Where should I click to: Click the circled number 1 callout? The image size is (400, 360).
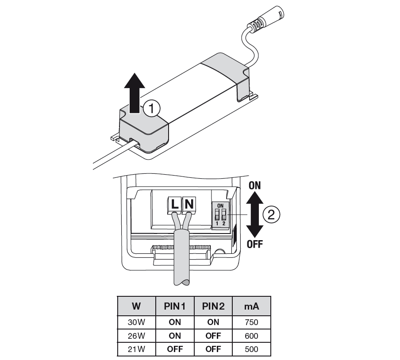click(151, 109)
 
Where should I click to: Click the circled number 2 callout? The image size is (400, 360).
click(271, 214)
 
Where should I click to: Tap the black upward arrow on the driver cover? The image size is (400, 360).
click(135, 93)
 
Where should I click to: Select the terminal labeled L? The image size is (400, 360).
click(175, 205)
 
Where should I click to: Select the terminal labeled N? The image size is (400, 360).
click(189, 205)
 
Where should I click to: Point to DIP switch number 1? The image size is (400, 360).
click(217, 214)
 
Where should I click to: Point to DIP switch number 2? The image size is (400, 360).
click(224, 214)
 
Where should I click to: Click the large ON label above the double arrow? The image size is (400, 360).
click(254, 185)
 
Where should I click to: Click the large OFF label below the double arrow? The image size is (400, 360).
click(254, 244)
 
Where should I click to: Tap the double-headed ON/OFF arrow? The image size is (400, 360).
click(254, 214)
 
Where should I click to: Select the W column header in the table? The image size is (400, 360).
click(136, 306)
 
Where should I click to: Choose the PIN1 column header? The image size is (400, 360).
click(175, 306)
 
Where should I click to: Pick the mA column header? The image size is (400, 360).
click(251, 306)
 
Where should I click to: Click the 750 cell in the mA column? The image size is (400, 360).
click(251, 322)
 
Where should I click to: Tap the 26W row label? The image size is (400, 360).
click(136, 336)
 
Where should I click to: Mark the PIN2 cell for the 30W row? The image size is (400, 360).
click(213, 322)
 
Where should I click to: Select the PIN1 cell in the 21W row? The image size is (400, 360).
click(175, 349)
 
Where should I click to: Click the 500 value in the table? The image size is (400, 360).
click(251, 349)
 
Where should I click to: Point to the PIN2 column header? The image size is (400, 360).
click(213, 306)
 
